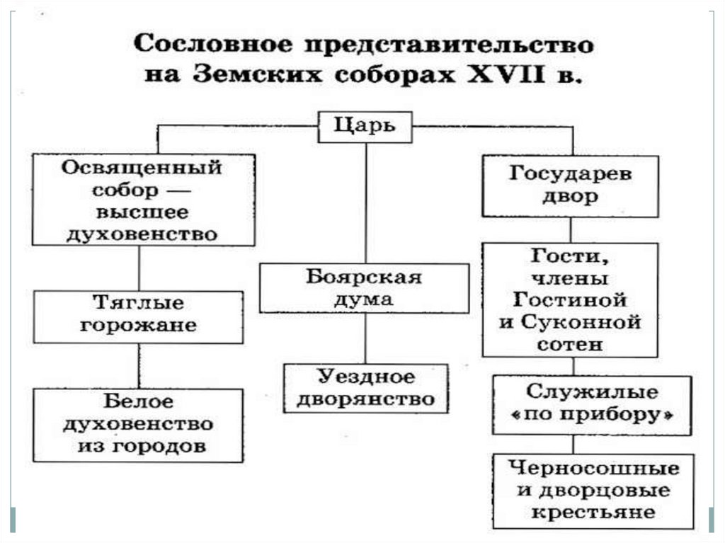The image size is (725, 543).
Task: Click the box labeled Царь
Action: [x=365, y=127]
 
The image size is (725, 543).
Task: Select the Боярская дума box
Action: [x=364, y=288]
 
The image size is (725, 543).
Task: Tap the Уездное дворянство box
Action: [x=365, y=387]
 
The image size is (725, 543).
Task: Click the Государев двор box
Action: [x=571, y=185]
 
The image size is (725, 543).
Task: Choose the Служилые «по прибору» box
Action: [x=592, y=404]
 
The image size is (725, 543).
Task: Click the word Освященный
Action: [x=142, y=169]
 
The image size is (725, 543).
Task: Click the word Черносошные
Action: [x=593, y=468]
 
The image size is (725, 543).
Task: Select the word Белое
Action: [x=139, y=402]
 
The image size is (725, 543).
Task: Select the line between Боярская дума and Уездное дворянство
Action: [x=365, y=338]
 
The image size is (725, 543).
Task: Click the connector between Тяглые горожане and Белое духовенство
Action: [x=139, y=365]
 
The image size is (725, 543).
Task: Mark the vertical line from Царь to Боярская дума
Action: [x=366, y=202]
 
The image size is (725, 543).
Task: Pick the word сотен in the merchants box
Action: [x=571, y=345]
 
